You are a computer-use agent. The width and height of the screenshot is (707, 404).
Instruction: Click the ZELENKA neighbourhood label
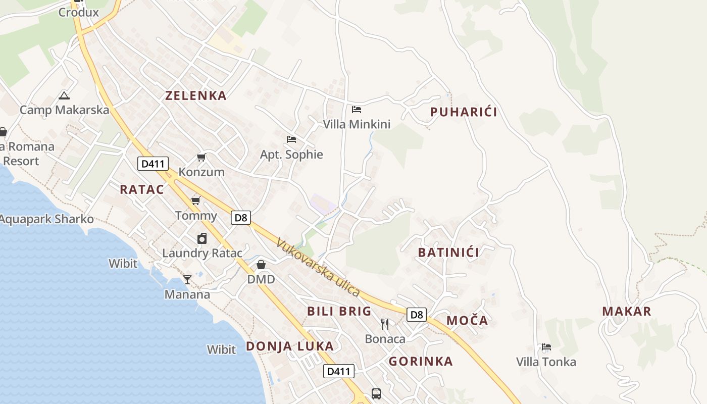click(x=196, y=95)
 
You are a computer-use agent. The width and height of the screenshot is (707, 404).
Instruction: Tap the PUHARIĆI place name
click(x=464, y=112)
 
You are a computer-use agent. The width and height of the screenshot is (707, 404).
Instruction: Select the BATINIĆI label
click(x=448, y=252)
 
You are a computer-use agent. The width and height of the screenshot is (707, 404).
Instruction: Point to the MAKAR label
click(x=627, y=311)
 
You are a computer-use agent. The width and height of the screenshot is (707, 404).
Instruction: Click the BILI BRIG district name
click(x=339, y=311)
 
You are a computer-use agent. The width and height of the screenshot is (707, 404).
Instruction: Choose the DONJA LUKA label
click(x=290, y=346)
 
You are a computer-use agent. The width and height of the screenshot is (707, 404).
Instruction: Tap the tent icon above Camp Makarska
click(x=64, y=95)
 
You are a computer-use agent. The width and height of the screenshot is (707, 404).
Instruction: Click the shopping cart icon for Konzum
click(x=201, y=158)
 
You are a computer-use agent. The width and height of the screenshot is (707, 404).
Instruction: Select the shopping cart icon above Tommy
click(x=196, y=201)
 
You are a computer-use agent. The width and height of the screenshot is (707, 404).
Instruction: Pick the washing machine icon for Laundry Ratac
click(x=202, y=238)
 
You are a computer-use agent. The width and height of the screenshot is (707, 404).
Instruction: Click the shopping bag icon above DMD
click(x=261, y=265)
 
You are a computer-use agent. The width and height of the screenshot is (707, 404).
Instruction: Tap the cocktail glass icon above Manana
click(x=187, y=279)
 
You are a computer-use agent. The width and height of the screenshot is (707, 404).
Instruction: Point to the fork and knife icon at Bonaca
click(x=385, y=324)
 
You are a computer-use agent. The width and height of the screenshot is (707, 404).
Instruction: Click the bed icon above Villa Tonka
click(x=546, y=347)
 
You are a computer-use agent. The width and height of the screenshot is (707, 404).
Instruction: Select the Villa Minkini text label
click(x=357, y=124)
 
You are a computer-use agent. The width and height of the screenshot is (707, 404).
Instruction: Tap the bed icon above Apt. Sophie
click(x=291, y=139)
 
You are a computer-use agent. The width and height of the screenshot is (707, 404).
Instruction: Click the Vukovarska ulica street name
click(x=318, y=268)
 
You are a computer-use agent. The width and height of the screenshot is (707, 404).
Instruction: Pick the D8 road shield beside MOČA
click(x=417, y=315)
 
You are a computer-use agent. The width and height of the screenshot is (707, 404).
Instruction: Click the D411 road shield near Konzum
click(x=153, y=163)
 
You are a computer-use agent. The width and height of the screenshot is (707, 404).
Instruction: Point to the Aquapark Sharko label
click(x=46, y=219)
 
